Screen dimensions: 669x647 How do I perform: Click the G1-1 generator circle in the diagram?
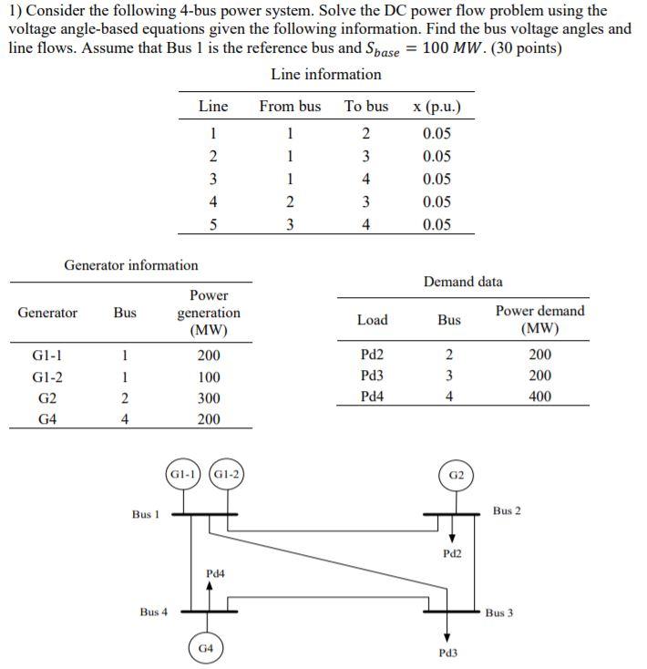(x=183, y=474)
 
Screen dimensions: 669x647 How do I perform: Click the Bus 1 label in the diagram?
(x=146, y=514)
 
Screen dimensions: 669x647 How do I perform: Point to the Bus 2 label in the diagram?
(x=507, y=510)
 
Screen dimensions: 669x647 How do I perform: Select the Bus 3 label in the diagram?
(x=498, y=612)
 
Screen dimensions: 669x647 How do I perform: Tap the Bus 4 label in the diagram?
(x=154, y=612)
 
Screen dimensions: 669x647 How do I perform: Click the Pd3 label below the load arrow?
(x=447, y=653)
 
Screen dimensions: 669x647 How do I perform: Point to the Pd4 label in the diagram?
(x=215, y=573)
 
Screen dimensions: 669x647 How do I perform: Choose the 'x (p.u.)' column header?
(x=436, y=107)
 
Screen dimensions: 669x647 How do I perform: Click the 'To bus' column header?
(x=365, y=107)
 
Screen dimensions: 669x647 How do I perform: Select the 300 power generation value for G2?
(x=209, y=398)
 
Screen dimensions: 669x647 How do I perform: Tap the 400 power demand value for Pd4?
(x=539, y=396)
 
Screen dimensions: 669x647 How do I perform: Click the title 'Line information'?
(x=326, y=74)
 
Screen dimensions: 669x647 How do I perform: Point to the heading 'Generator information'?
(x=130, y=265)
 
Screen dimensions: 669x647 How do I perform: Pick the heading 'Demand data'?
(x=462, y=282)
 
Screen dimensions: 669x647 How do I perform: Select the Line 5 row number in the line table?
(x=212, y=225)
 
